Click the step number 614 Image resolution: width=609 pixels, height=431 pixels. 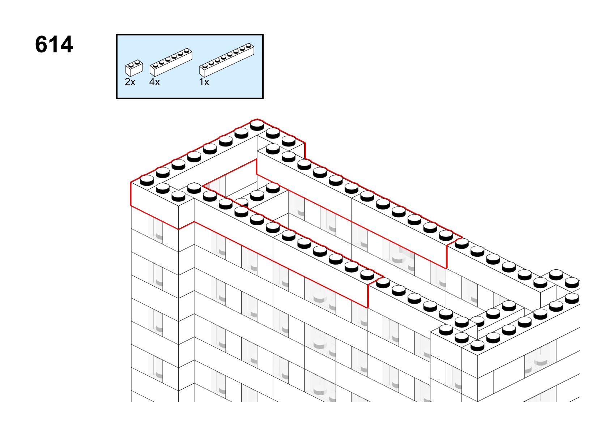pyautogui.click(x=54, y=44)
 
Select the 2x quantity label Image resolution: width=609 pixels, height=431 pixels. pyautogui.click(x=130, y=82)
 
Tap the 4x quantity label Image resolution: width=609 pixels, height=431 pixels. pyautogui.click(x=154, y=82)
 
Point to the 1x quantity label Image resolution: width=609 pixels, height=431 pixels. pyautogui.click(x=204, y=82)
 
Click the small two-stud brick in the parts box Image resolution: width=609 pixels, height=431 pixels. pyautogui.click(x=134, y=68)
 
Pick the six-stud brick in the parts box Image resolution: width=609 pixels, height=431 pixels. pyautogui.click(x=171, y=62)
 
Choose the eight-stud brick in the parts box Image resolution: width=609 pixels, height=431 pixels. pyautogui.click(x=227, y=60)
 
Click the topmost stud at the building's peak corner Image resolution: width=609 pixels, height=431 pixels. pyautogui.click(x=257, y=125)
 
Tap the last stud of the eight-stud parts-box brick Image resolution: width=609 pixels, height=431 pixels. pyautogui.click(x=248, y=46)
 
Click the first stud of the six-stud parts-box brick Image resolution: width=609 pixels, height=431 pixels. pyautogui.click(x=156, y=65)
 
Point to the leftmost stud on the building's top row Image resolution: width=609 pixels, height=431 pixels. pyautogui.click(x=147, y=180)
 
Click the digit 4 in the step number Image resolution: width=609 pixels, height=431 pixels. pyautogui.click(x=66, y=44)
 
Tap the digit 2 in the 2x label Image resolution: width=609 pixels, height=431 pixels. pyautogui.click(x=128, y=82)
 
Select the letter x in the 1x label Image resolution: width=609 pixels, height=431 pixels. pyautogui.click(x=206, y=82)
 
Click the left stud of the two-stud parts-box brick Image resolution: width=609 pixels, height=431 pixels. pyautogui.click(x=131, y=65)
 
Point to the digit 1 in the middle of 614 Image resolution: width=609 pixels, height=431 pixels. pyautogui.click(x=54, y=44)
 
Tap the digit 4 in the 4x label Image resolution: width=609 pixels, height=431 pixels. pyautogui.click(x=152, y=82)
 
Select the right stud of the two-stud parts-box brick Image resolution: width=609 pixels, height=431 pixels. pyautogui.click(x=137, y=62)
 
